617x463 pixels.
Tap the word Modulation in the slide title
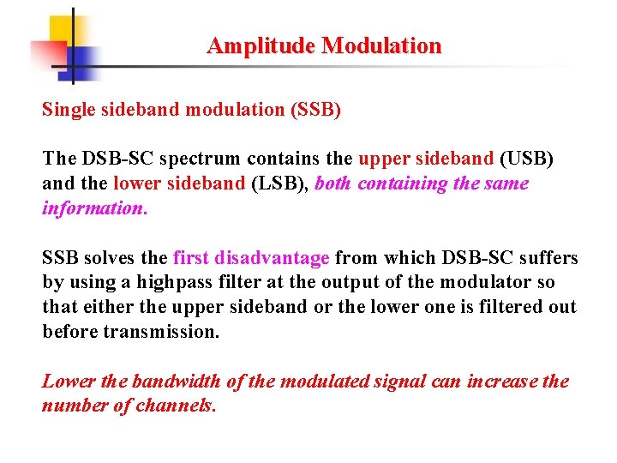click(381, 46)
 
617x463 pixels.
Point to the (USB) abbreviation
click(526, 159)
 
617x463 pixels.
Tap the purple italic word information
click(94, 208)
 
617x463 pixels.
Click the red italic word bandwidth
click(181, 382)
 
